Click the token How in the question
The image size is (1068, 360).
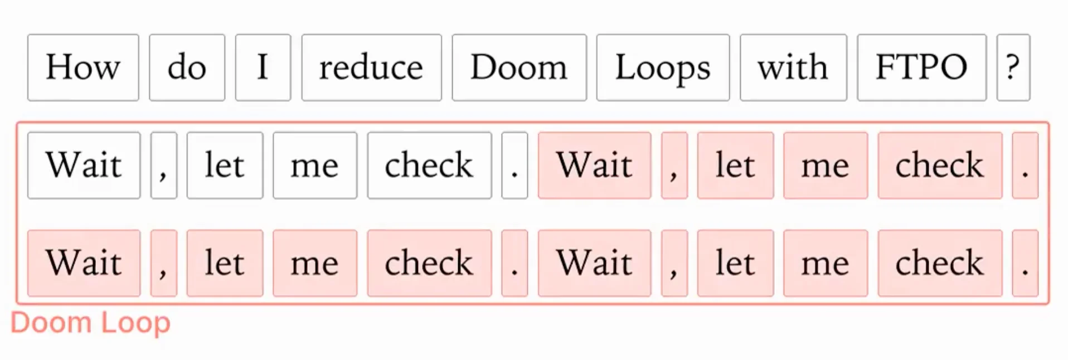(x=83, y=67)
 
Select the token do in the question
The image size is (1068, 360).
(x=187, y=67)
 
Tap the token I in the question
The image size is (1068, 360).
(x=263, y=67)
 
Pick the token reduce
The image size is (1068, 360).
(x=371, y=67)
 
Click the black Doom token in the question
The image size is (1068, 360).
(x=519, y=67)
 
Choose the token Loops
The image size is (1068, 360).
(x=663, y=67)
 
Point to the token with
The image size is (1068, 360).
(x=793, y=67)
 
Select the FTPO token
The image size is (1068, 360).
(x=921, y=67)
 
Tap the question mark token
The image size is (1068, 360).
(x=1013, y=67)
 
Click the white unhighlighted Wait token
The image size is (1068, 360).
(x=84, y=166)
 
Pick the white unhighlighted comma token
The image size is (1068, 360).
(x=163, y=166)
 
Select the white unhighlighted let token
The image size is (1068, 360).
(x=225, y=166)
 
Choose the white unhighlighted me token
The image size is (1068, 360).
(x=315, y=166)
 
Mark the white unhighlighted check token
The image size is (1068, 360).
(x=429, y=166)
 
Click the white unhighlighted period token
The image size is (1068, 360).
(x=514, y=166)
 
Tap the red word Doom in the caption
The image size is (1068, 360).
(x=51, y=323)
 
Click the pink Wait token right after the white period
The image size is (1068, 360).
(x=594, y=166)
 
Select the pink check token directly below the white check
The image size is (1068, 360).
(x=429, y=263)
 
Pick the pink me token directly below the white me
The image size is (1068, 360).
(x=315, y=263)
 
